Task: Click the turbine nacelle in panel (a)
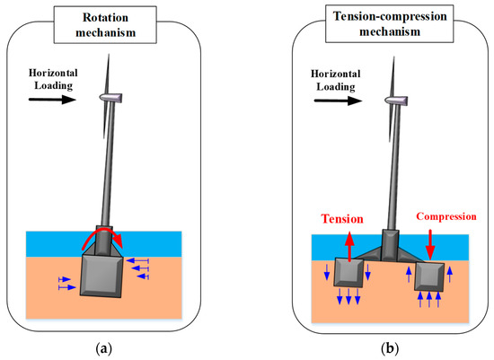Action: click(110, 97)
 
